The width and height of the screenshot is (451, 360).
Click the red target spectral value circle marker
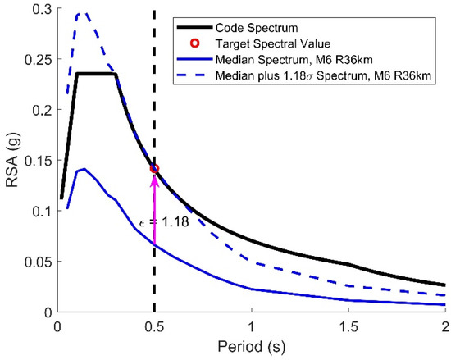tap(154, 169)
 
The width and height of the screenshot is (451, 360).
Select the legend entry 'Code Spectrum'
tap(276, 25)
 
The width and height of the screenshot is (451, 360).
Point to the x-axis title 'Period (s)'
tap(251, 349)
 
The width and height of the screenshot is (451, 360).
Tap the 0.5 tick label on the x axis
tap(154, 326)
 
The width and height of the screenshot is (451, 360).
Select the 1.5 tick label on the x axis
tap(348, 326)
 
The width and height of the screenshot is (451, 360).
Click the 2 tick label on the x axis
tap(444, 326)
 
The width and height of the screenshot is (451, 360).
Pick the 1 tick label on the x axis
tap(251, 326)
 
